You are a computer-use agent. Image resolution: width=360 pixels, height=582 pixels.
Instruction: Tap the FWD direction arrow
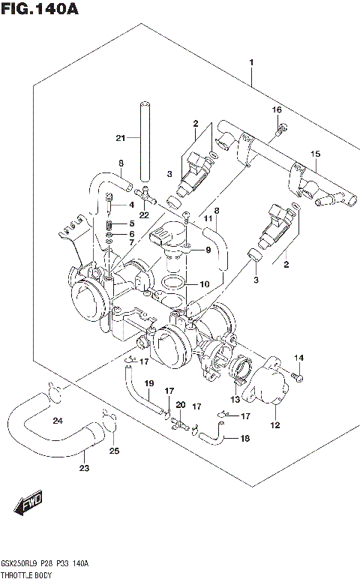31,507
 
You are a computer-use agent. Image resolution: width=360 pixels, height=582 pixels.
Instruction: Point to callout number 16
277,110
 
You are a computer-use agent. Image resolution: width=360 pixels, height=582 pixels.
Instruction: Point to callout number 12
274,425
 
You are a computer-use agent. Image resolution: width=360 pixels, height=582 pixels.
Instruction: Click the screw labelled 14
298,373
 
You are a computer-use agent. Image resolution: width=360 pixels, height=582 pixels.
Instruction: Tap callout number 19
149,384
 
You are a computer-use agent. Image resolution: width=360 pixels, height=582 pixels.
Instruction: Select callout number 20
180,405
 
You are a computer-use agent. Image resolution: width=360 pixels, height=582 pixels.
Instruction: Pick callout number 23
85,469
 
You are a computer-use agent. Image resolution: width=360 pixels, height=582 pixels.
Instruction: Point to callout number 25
114,451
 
